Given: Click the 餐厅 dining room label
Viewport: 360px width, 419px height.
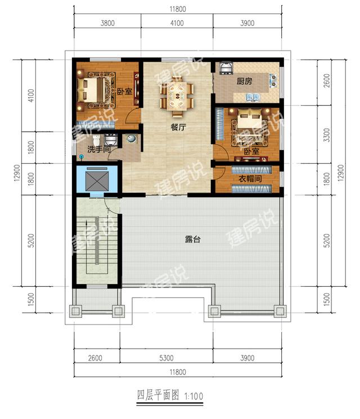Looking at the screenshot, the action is [x=178, y=127].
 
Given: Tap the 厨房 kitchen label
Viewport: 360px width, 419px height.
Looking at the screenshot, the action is [x=244, y=81].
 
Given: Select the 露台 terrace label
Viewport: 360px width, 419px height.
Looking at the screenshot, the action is [x=192, y=239].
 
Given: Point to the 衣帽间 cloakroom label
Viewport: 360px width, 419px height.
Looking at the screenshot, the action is [x=250, y=178].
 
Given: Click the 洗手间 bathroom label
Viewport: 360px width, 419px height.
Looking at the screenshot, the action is [x=99, y=149].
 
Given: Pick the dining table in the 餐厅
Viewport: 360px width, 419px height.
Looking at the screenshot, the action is [x=177, y=96].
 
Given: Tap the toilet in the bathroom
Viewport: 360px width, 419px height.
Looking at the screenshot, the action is [x=97, y=140].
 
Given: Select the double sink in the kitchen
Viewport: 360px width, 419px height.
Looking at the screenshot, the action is [x=253, y=97].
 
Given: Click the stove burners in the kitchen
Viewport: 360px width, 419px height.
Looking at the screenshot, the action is [x=273, y=80].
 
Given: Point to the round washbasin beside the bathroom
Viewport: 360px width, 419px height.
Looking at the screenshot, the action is [x=131, y=138].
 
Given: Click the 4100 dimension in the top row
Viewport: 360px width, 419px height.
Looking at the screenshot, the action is [x=177, y=23].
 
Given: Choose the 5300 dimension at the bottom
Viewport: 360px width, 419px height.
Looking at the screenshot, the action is [x=166, y=358].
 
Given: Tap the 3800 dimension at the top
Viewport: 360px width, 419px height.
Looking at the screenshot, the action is [x=107, y=23].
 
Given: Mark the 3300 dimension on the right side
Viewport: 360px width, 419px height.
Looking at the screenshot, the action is [x=327, y=135].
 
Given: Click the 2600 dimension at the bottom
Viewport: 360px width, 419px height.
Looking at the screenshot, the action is [x=95, y=358].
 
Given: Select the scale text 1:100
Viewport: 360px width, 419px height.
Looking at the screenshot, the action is [x=193, y=396].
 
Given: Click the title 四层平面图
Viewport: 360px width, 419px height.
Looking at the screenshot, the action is [x=158, y=395].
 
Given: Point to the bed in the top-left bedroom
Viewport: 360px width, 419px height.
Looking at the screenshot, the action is [x=91, y=90].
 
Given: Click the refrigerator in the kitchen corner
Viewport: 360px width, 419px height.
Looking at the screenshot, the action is [x=226, y=68].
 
